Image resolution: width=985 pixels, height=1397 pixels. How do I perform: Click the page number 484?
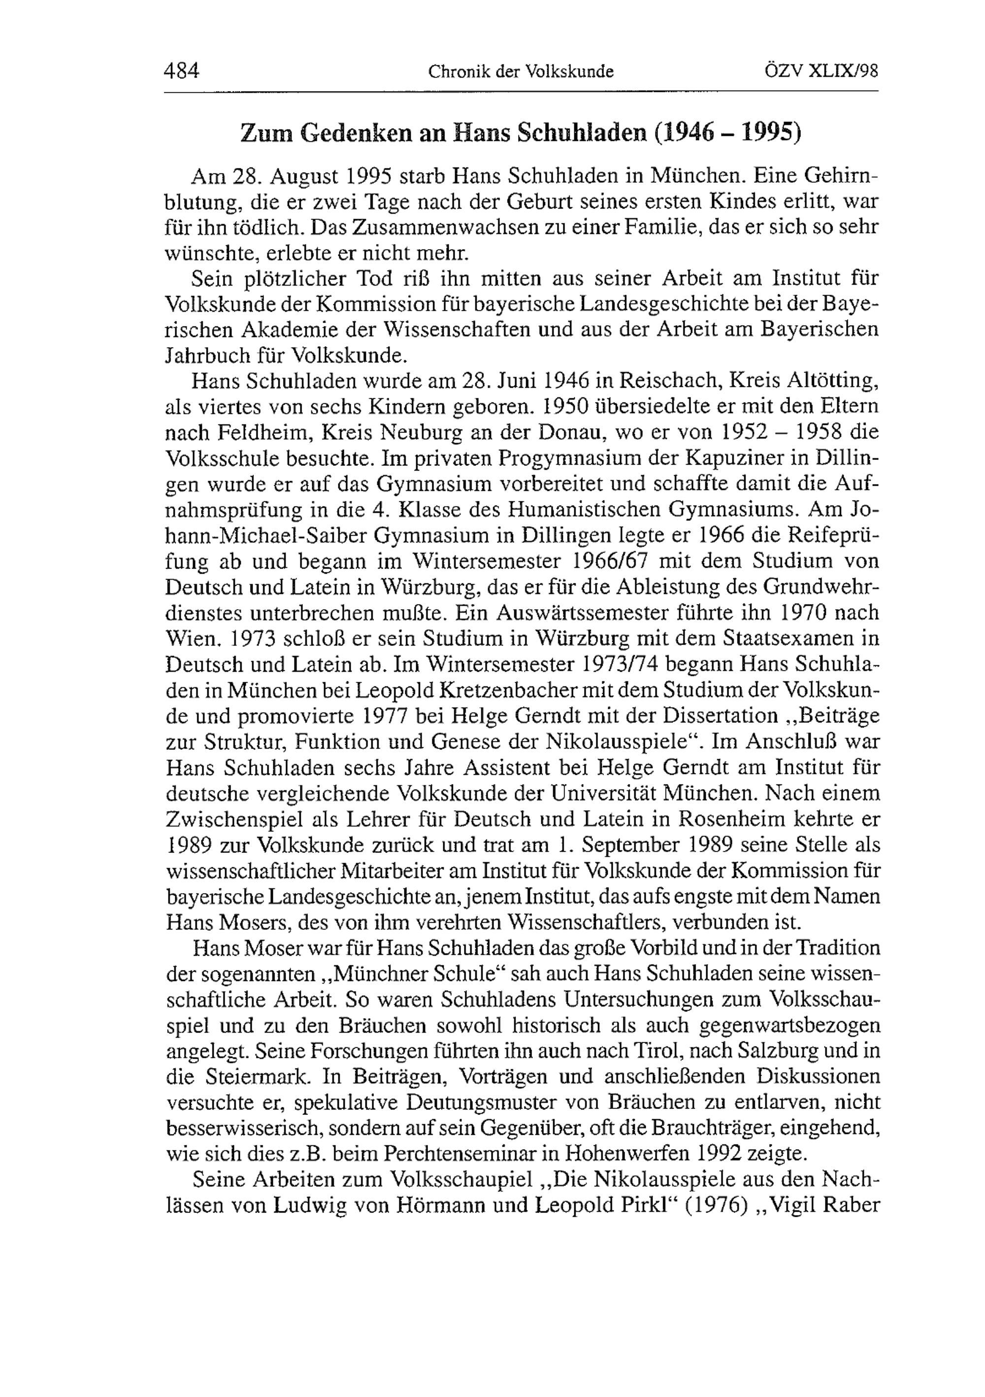[181, 72]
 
